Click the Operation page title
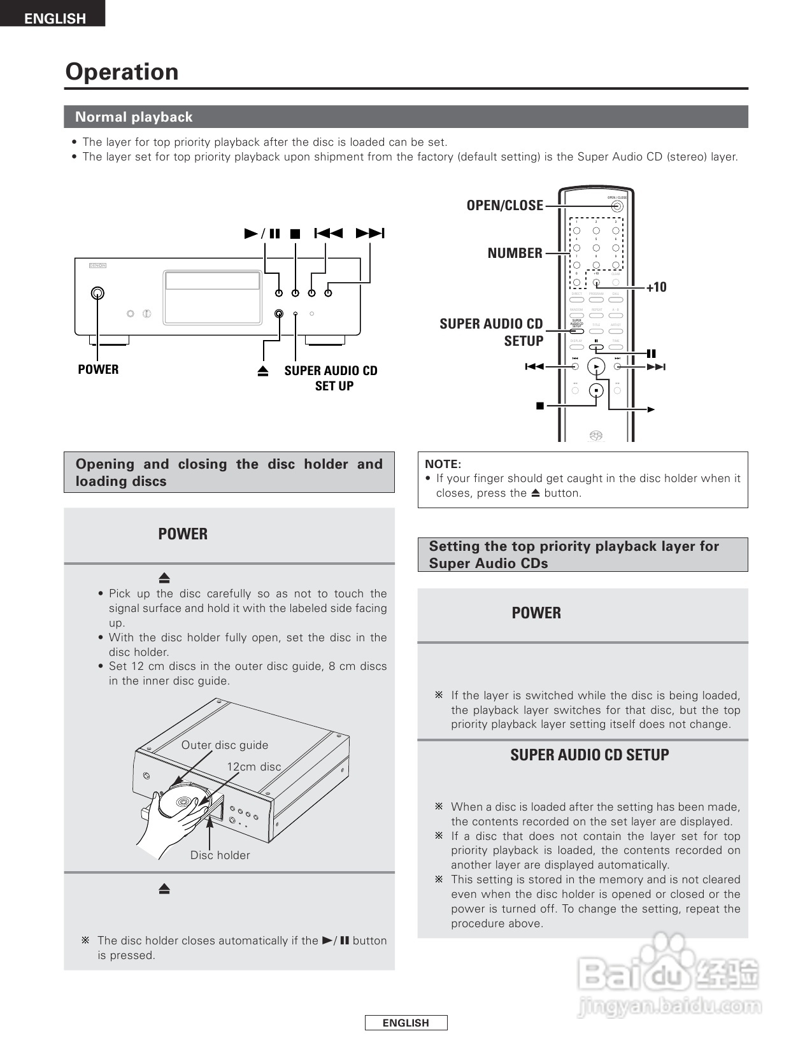tap(122, 72)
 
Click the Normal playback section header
tap(134, 117)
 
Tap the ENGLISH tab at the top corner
tap(54, 18)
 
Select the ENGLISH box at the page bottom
tap(406, 1023)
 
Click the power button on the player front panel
tap(97, 293)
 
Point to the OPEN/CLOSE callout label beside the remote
tap(504, 206)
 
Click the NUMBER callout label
tap(515, 253)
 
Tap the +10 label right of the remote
tap(656, 287)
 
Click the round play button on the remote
tap(596, 367)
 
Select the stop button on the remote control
tap(596, 390)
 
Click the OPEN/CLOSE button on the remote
tap(616, 206)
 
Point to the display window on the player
tap(213, 280)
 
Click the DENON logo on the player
tap(97, 265)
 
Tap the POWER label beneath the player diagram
tap(98, 369)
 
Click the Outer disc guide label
tap(225, 745)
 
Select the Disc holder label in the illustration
tap(220, 855)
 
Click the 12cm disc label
tap(253, 767)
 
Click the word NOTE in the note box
tap(442, 464)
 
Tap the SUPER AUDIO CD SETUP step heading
tap(589, 755)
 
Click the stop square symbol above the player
tap(295, 234)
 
